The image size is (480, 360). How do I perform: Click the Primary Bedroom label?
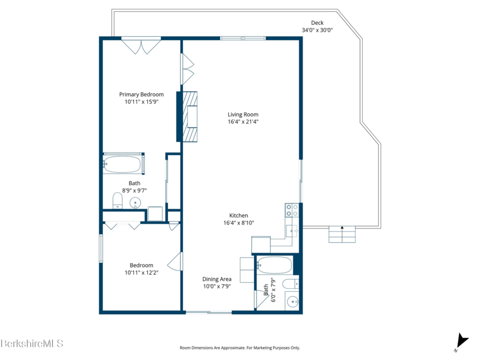tap(141, 94)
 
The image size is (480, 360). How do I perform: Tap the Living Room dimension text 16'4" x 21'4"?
tap(243, 122)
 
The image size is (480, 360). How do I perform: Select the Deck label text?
tap(317, 22)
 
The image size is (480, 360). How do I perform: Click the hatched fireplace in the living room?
tap(190, 117)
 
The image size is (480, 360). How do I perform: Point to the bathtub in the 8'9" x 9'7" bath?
tap(122, 164)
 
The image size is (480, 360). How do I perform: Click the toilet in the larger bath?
tap(117, 201)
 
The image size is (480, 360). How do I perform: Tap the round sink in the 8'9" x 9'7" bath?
tap(135, 203)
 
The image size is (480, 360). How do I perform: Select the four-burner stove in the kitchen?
tap(292, 210)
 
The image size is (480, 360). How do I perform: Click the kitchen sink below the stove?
tap(292, 231)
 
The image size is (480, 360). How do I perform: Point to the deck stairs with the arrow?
tap(342, 235)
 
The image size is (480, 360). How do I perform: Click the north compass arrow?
tap(462, 341)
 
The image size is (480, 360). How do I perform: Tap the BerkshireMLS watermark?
tap(32, 343)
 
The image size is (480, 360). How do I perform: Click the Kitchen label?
tap(239, 215)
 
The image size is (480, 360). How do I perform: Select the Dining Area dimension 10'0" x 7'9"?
tap(217, 286)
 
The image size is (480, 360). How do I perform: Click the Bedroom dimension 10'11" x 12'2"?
tap(141, 273)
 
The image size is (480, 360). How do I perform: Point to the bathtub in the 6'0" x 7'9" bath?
tap(274, 265)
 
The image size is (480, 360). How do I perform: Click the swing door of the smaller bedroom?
tap(175, 261)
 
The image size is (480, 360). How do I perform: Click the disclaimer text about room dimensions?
tap(239, 348)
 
